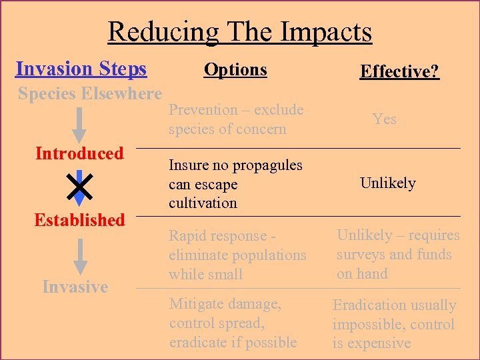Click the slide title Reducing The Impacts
coord(240,31)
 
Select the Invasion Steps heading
coord(81,69)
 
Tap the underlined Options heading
coord(235,69)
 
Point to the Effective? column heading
coord(399,71)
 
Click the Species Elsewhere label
coord(90,94)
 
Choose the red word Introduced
coord(79,154)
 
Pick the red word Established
coord(79,220)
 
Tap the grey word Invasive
coord(75,287)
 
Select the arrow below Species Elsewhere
coord(80,124)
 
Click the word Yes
coord(384,119)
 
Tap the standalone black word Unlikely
coord(387,183)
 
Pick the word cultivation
coord(203,203)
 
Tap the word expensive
coord(379,344)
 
